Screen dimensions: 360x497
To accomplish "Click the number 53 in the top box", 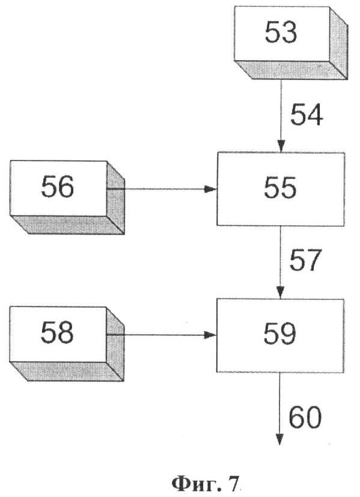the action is coord(281,32).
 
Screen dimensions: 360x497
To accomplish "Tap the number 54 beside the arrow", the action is coord(307,114).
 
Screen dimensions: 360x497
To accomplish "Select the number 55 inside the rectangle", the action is coord(280,188).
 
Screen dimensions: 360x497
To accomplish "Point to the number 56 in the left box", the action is coord(57,187).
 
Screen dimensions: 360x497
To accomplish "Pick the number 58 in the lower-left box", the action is coord(57,332).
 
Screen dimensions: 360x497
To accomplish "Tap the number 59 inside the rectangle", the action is coord(280,334).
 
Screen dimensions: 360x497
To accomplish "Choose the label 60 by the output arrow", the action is coord(305,417).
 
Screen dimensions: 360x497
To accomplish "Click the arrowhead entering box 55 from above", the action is coord(281,147).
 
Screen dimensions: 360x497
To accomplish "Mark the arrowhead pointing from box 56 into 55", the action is coord(210,189).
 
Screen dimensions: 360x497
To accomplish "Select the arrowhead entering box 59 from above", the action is coord(280,293).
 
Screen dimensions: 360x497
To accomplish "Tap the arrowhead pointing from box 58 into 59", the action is coord(210,335).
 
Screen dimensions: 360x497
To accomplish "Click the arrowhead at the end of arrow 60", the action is coord(279,439).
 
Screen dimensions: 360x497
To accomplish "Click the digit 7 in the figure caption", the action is coord(233,484).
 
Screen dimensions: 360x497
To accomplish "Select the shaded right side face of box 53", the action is coord(338,43).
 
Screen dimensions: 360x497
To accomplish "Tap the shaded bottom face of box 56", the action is coord(67,225).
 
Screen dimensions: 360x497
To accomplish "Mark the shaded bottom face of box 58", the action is coord(67,371).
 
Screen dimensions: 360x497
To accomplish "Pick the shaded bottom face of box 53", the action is coord(291,70).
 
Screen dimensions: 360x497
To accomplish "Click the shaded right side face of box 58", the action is coord(115,344).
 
